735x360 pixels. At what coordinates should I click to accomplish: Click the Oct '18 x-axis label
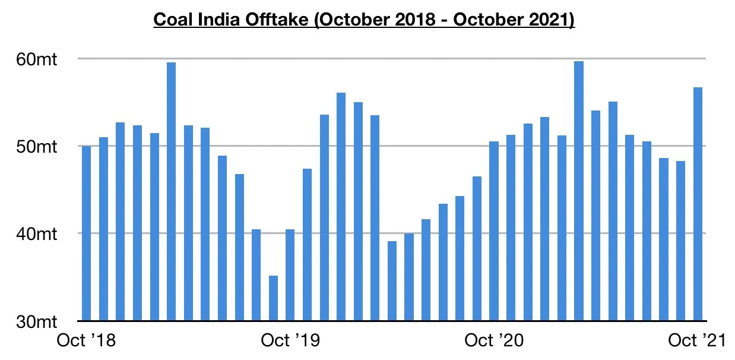coord(86,342)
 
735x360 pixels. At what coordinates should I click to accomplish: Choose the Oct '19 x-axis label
coord(290,342)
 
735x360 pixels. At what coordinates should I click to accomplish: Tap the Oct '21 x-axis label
coord(698,342)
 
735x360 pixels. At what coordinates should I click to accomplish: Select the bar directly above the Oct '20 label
coord(494,231)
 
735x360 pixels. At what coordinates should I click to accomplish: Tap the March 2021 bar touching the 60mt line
coord(579,191)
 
